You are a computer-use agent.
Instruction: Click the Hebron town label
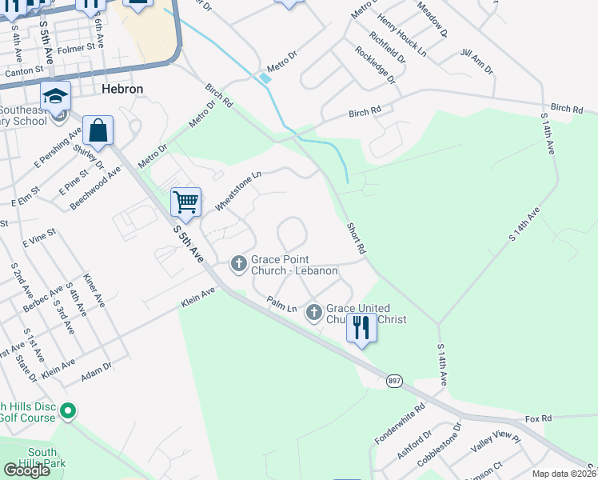pos(122,89)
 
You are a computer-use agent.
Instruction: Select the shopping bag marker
pos(98,130)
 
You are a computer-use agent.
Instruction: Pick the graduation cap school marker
pos(56,96)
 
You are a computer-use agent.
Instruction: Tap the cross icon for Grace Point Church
pos(238,262)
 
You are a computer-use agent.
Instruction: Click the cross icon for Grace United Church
pos(313,312)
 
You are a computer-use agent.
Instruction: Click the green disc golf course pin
pos(68,412)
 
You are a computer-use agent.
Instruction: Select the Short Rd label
pos(357,238)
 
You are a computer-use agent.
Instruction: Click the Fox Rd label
pos(539,418)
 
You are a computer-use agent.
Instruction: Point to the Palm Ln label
pos(281,304)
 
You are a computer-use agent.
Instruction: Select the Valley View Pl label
pos(495,446)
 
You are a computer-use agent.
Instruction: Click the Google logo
pos(26,470)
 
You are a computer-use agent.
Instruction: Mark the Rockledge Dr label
pos(375,64)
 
